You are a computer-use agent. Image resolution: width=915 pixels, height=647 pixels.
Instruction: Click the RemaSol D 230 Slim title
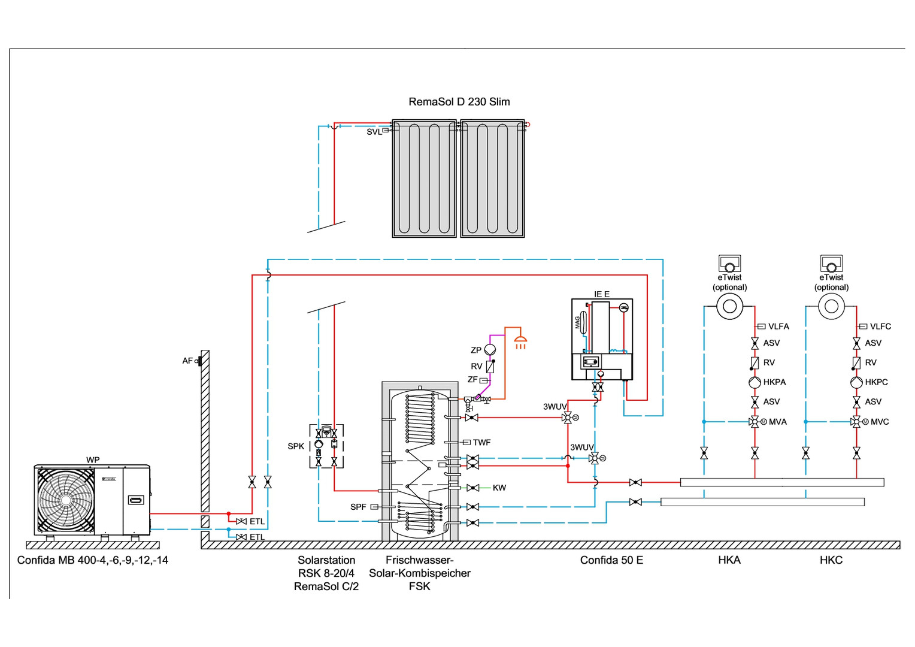coord(459,102)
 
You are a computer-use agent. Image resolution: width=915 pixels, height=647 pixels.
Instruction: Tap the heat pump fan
coord(66,500)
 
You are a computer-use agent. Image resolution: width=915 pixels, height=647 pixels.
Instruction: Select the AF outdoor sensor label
coord(187,361)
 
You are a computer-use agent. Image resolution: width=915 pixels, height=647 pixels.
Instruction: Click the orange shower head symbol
coord(521,343)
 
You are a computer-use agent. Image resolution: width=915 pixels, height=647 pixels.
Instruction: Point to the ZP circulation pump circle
coord(490,350)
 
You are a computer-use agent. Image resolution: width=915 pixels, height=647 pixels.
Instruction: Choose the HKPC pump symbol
coord(856,382)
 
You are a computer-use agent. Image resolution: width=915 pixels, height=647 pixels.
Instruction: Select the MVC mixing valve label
coord(880,422)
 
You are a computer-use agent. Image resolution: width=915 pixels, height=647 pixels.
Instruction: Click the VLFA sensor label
coord(778,326)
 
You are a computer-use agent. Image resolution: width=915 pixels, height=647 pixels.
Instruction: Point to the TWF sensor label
coord(481,443)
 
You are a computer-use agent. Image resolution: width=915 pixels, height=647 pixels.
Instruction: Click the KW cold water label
coord(499,488)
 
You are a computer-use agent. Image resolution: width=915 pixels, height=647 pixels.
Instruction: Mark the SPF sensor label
coord(358,507)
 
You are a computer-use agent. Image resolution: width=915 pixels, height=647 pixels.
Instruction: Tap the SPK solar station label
coord(296,446)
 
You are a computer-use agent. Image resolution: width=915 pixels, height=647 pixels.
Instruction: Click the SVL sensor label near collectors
coord(374,132)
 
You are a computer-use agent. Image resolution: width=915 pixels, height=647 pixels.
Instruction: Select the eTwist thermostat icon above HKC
coord(831,263)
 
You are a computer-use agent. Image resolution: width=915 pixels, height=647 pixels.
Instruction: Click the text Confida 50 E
coord(611,560)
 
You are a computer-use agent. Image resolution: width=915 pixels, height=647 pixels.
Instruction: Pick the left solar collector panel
coord(424,179)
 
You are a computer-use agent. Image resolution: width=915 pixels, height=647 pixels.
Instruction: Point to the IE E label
coord(601,294)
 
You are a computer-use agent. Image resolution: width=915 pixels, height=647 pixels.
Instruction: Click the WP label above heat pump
coord(93,460)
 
